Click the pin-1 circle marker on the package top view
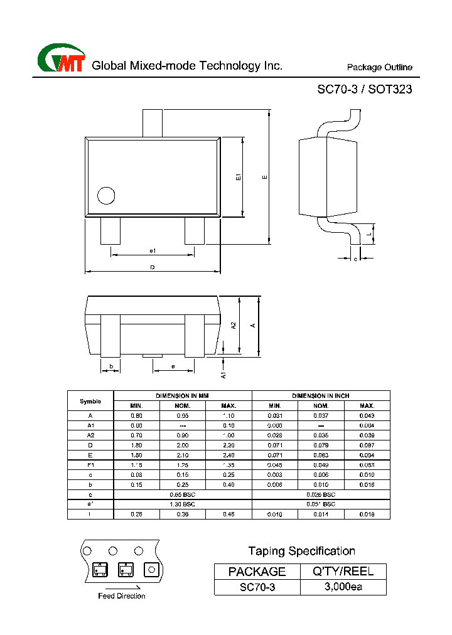106,196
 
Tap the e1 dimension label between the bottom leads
152,251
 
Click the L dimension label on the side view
370,234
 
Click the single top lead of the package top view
152,124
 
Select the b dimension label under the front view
110,366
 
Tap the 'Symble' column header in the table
90,401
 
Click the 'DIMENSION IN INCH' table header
321,396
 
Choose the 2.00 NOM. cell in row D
183,445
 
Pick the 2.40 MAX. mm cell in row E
229,455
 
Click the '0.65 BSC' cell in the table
183,494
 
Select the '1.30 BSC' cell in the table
183,504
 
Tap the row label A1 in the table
90,425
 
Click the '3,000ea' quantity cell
343,587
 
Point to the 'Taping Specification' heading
301,551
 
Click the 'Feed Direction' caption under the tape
121,596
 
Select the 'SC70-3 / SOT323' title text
364,89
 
